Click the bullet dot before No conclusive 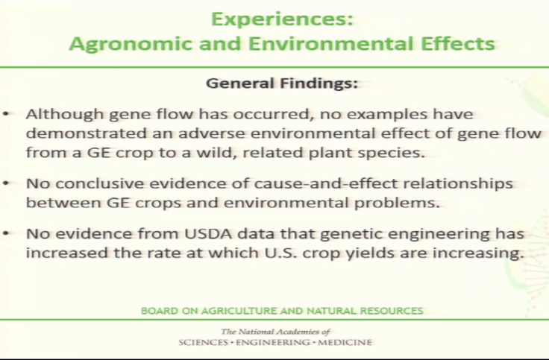(x=7, y=183)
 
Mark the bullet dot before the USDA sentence (x=7, y=234)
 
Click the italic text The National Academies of (x=274, y=331)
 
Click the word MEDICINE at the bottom (x=345, y=343)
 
